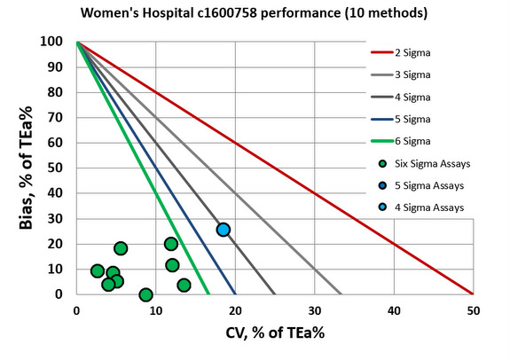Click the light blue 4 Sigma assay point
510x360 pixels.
pos(224,230)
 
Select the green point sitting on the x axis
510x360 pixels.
pos(146,294)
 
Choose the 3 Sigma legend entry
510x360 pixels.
pos(425,74)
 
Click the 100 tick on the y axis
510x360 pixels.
pos(57,42)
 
